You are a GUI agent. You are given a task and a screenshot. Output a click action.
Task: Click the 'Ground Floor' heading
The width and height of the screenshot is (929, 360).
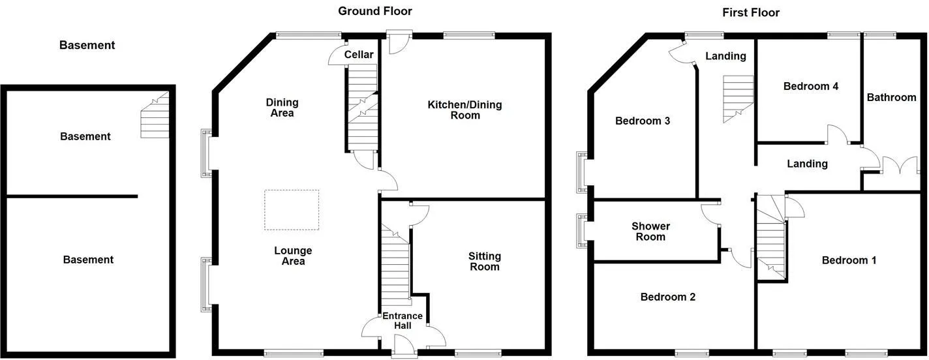(x=374, y=11)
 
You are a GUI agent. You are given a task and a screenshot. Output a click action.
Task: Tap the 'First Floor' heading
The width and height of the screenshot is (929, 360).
(x=750, y=12)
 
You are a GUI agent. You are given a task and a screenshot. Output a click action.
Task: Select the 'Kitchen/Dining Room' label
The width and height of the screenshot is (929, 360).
(x=464, y=110)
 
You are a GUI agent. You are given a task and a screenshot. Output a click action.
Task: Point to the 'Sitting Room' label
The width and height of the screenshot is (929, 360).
(x=484, y=262)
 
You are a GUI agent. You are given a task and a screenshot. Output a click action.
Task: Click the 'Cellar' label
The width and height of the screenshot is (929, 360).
(x=359, y=55)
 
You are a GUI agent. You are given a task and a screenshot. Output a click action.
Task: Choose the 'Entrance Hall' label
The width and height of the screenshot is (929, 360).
(x=403, y=321)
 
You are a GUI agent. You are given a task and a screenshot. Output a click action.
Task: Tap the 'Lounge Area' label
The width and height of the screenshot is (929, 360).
(x=293, y=256)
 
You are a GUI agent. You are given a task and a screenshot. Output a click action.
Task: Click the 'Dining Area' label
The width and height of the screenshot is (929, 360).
(x=282, y=108)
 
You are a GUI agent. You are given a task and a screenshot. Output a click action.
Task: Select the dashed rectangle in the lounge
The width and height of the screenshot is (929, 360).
(x=292, y=210)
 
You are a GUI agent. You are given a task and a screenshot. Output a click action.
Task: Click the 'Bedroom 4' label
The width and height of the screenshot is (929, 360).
(x=810, y=86)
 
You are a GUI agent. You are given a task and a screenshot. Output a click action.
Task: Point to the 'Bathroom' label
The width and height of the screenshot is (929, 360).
(x=891, y=97)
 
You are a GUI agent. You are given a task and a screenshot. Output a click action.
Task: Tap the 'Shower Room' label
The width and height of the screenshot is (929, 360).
(x=650, y=232)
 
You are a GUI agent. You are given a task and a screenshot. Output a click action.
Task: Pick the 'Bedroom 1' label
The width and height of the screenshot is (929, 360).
(x=849, y=260)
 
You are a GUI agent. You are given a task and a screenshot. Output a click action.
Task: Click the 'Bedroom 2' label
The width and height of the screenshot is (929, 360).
(x=667, y=297)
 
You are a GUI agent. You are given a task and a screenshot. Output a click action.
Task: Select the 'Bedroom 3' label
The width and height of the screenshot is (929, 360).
(x=643, y=121)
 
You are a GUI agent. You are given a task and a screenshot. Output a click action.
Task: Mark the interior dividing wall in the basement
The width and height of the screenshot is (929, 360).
(x=72, y=196)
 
